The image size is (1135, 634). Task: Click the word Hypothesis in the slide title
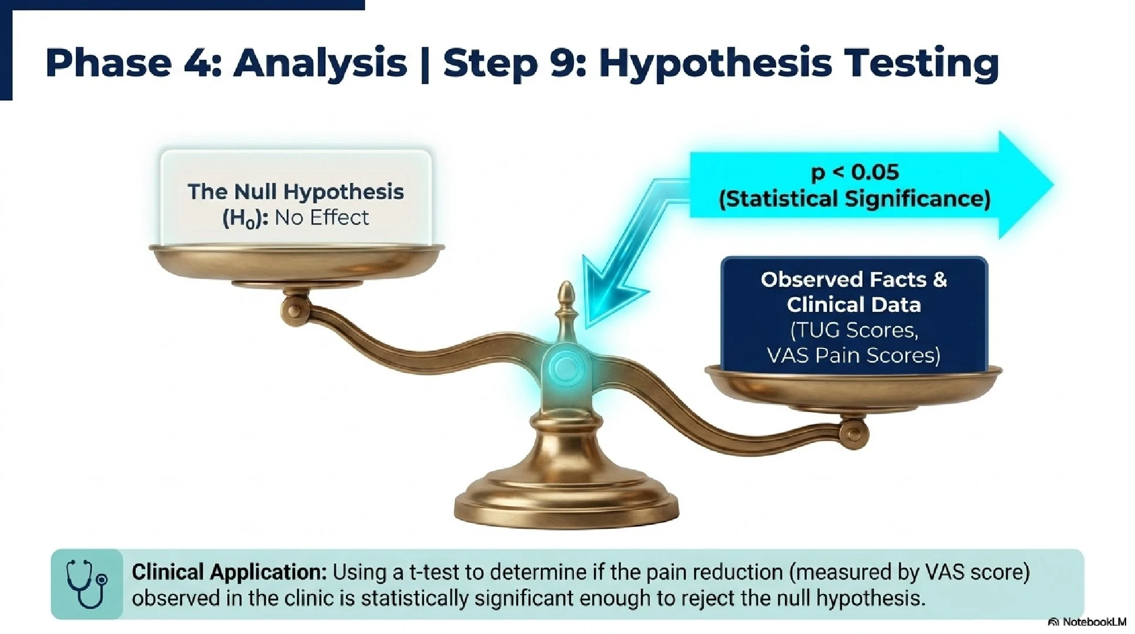pyautogui.click(x=715, y=64)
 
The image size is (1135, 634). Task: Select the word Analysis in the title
pyautogui.click(x=320, y=64)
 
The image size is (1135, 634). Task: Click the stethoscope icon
pyautogui.click(x=86, y=584)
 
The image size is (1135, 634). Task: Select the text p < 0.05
pyautogui.click(x=854, y=172)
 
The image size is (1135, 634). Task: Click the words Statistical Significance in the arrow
pyautogui.click(x=854, y=198)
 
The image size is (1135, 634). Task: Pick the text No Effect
pyautogui.click(x=322, y=218)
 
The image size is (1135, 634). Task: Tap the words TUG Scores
pyautogui.click(x=854, y=330)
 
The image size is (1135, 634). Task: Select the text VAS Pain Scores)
pyautogui.click(x=854, y=356)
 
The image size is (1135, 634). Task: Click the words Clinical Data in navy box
pyautogui.click(x=854, y=305)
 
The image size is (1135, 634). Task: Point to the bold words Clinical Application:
pyautogui.click(x=229, y=572)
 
